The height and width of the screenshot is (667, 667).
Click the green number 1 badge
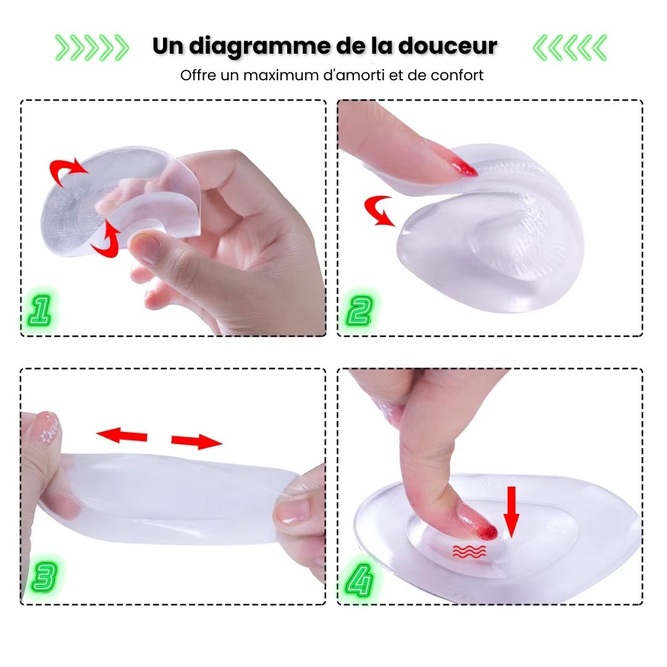[40, 311]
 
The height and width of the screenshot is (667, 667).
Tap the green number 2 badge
[359, 311]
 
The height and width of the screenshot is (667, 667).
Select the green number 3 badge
[44, 577]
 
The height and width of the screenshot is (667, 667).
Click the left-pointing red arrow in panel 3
[122, 435]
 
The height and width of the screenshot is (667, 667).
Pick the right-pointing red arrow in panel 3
[196, 442]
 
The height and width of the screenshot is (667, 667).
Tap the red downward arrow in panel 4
[511, 512]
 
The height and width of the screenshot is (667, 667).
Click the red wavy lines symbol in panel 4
[469, 551]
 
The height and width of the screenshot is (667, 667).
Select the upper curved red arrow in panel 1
[68, 171]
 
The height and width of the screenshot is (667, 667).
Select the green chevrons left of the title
[92, 48]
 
